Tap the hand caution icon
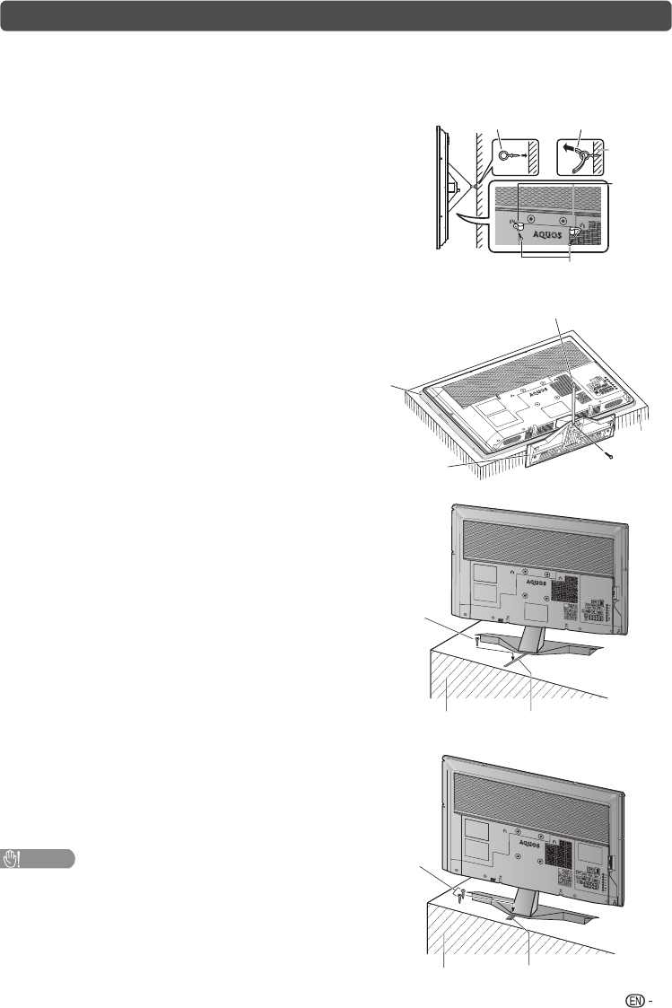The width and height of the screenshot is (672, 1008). [13, 857]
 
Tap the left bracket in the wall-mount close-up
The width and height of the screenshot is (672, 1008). [519, 231]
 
